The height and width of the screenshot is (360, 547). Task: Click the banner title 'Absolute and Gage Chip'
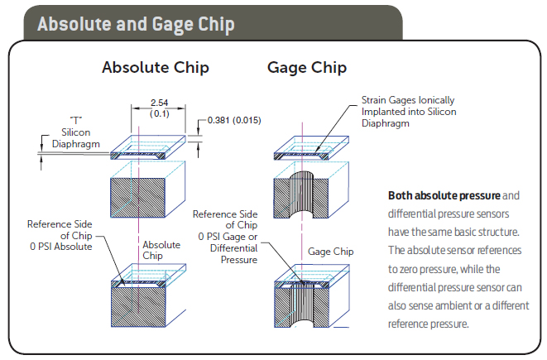[x=136, y=25]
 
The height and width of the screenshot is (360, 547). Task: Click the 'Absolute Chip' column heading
[x=155, y=68]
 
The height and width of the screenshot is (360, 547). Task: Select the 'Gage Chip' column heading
[x=307, y=68]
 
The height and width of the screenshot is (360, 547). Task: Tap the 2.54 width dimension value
[x=159, y=101]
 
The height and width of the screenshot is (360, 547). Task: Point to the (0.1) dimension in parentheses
[x=159, y=113]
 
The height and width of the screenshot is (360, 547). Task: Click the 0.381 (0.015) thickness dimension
[x=235, y=120]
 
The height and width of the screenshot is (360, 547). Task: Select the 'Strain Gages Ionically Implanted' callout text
[x=408, y=108]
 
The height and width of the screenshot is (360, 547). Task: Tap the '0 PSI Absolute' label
[x=58, y=245]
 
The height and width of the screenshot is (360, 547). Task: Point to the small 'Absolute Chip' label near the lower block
[x=161, y=250]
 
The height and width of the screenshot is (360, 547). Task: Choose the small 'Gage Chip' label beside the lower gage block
[x=331, y=251]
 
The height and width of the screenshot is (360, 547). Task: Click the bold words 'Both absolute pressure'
[x=444, y=196]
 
